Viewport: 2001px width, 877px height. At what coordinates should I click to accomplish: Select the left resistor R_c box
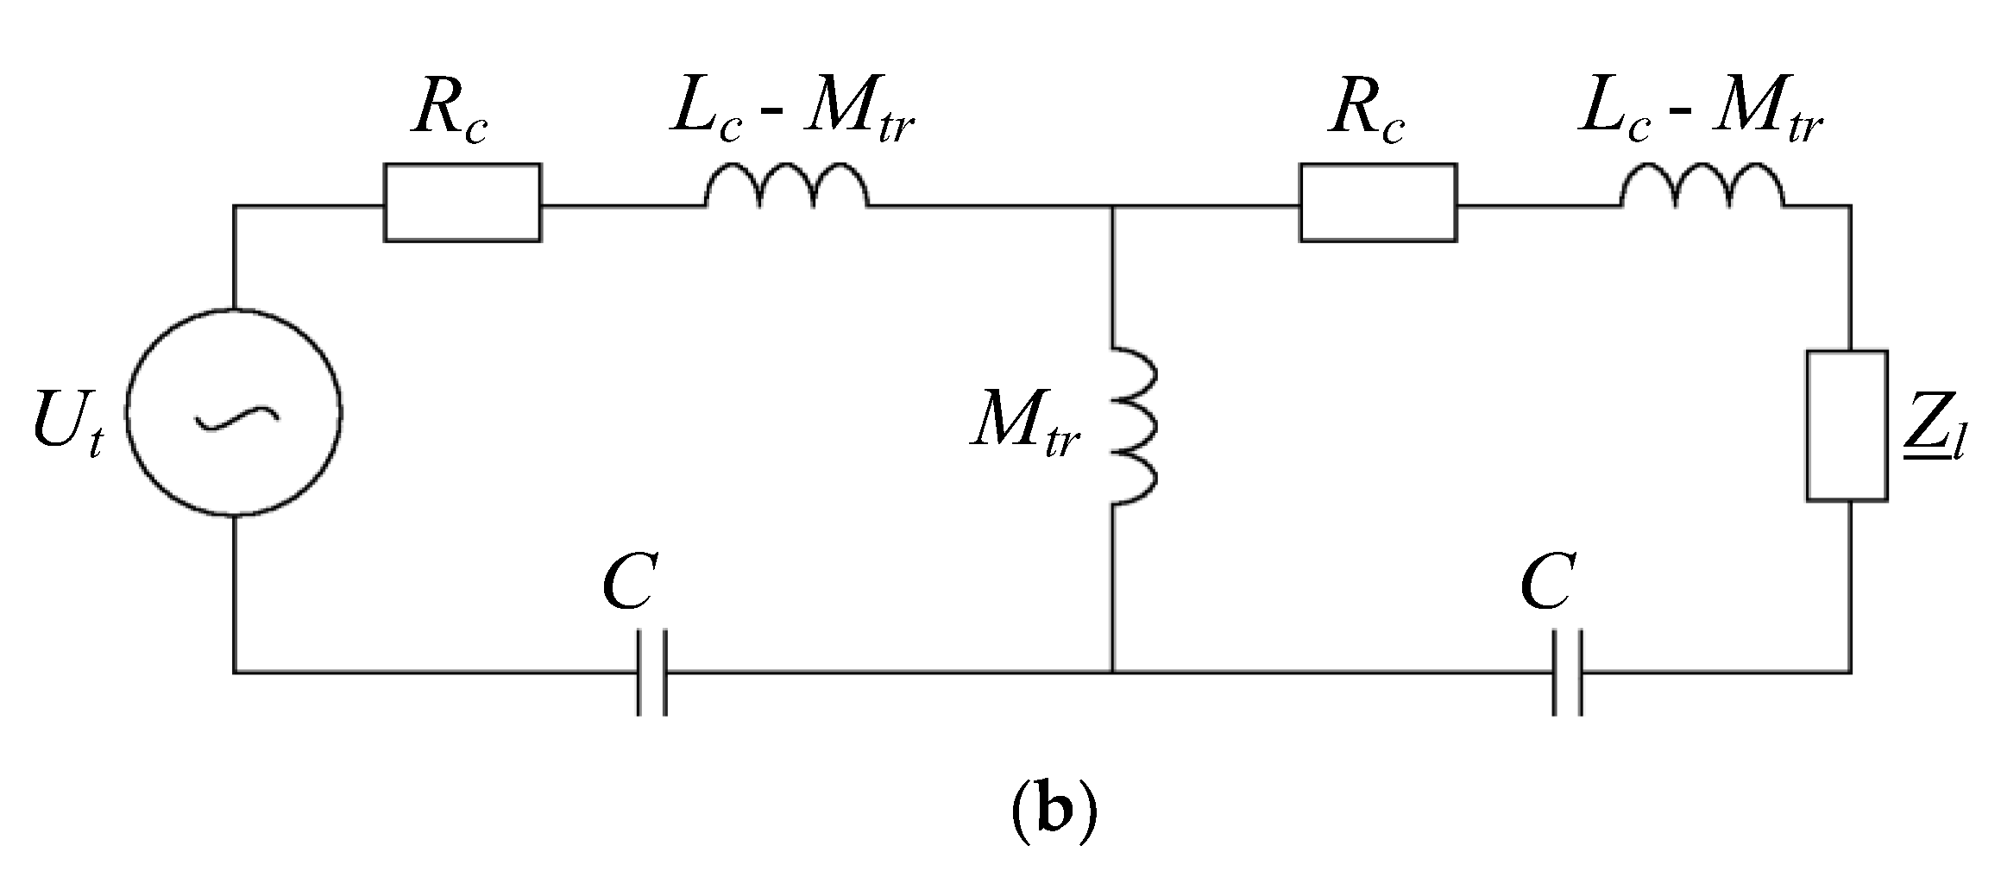[462, 203]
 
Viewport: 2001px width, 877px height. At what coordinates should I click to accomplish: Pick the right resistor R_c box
[1378, 203]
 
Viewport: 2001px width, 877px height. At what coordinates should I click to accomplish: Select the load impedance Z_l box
[1847, 425]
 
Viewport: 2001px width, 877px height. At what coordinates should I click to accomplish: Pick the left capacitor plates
[652, 673]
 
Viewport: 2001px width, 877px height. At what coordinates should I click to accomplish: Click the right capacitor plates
[1568, 673]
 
